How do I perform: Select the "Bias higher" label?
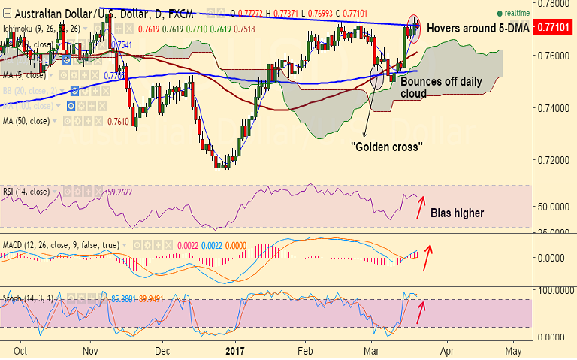457,213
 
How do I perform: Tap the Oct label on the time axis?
21,350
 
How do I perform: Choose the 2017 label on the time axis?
236,350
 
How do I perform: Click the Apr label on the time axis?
447,350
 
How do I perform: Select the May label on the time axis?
513,350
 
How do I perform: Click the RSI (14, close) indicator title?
26,192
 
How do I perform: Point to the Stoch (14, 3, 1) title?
29,299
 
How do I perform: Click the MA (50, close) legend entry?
27,120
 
